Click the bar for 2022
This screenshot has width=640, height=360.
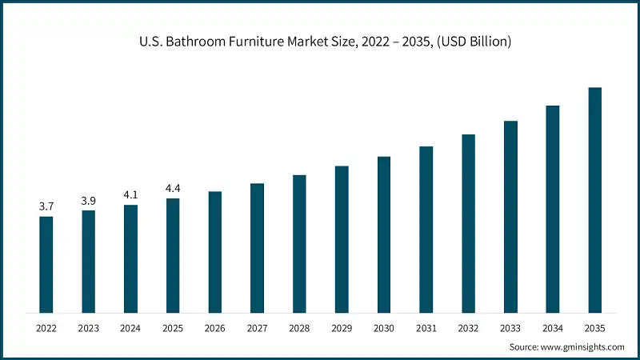coord(46,264)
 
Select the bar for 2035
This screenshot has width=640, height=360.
coord(595,200)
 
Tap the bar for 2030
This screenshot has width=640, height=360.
coord(384,234)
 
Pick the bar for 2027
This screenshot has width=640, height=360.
coord(258,247)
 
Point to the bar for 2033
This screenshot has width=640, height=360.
coord(510,216)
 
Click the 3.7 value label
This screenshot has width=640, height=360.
coord(46,206)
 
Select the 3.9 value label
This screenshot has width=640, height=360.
coord(89,201)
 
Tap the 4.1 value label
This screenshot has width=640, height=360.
coord(130,194)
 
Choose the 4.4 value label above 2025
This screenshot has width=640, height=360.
coord(173,188)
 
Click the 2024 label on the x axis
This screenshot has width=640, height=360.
coord(130,328)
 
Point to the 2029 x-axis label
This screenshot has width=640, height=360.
coord(342,328)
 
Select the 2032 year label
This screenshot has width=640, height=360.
coord(468,328)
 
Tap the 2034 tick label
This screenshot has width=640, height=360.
coord(553,328)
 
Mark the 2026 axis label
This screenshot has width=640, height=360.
coord(215,328)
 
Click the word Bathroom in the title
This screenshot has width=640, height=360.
coord(192,41)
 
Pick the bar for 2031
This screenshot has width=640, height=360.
coord(426,229)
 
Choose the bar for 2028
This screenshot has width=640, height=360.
coord(299,243)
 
